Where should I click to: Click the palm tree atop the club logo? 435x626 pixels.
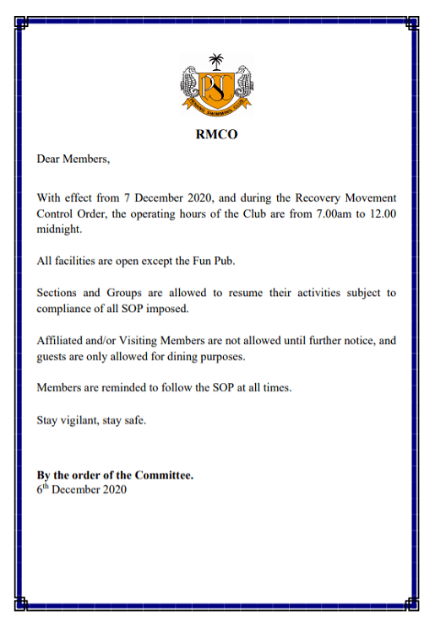tap(217, 61)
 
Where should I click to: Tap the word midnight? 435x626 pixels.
tap(60, 229)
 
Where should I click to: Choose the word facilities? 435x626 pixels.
tap(79, 261)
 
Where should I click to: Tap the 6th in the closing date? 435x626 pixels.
tap(42, 489)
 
